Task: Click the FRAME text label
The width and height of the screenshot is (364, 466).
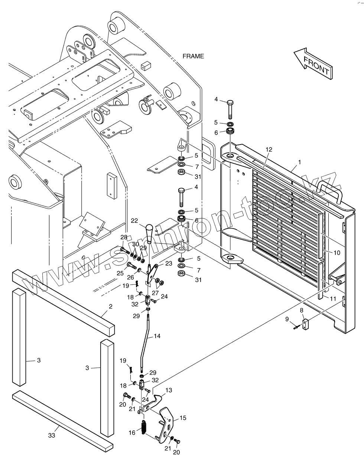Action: coord(193,56)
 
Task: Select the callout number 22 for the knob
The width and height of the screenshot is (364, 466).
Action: coord(134,220)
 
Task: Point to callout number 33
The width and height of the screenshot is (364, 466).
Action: coord(52,435)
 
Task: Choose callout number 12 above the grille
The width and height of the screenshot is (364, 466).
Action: coord(269,149)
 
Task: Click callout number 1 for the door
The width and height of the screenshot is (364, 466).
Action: coord(300,162)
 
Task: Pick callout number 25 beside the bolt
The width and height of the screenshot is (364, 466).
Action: coord(120,273)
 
